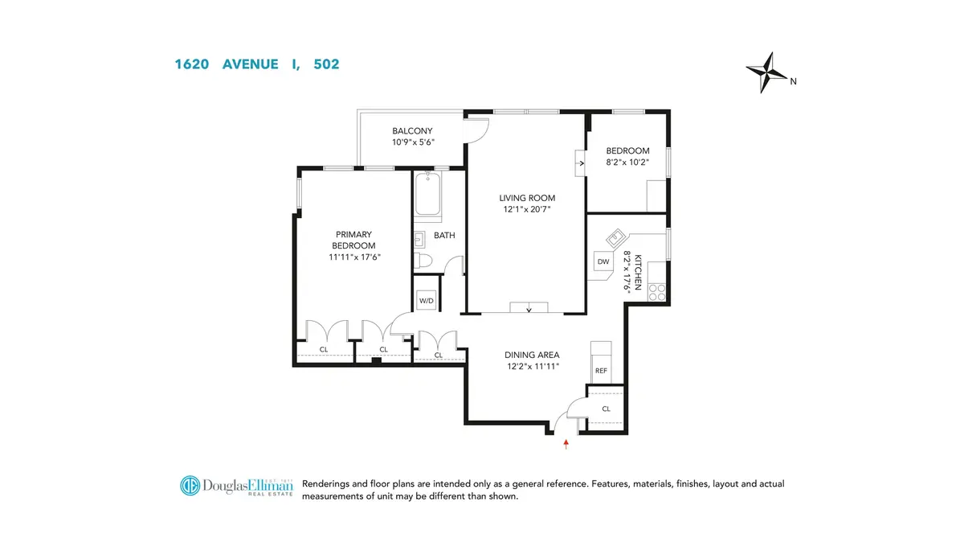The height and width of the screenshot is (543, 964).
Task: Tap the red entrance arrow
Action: (x=566, y=442)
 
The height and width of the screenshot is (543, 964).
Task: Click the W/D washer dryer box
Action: (x=426, y=301)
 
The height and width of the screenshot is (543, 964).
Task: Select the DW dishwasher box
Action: (x=603, y=261)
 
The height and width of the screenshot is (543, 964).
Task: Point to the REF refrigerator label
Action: (x=600, y=371)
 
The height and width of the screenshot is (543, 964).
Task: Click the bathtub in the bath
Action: (x=427, y=195)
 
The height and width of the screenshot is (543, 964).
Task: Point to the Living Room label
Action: (x=527, y=198)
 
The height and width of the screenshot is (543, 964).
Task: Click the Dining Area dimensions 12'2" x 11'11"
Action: (x=531, y=366)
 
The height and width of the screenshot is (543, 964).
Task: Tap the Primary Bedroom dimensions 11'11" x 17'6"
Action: (x=353, y=257)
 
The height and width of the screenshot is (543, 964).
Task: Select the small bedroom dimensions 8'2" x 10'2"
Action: (x=627, y=162)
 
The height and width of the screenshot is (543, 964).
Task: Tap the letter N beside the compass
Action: (x=793, y=80)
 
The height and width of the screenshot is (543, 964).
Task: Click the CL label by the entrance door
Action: (x=606, y=408)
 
